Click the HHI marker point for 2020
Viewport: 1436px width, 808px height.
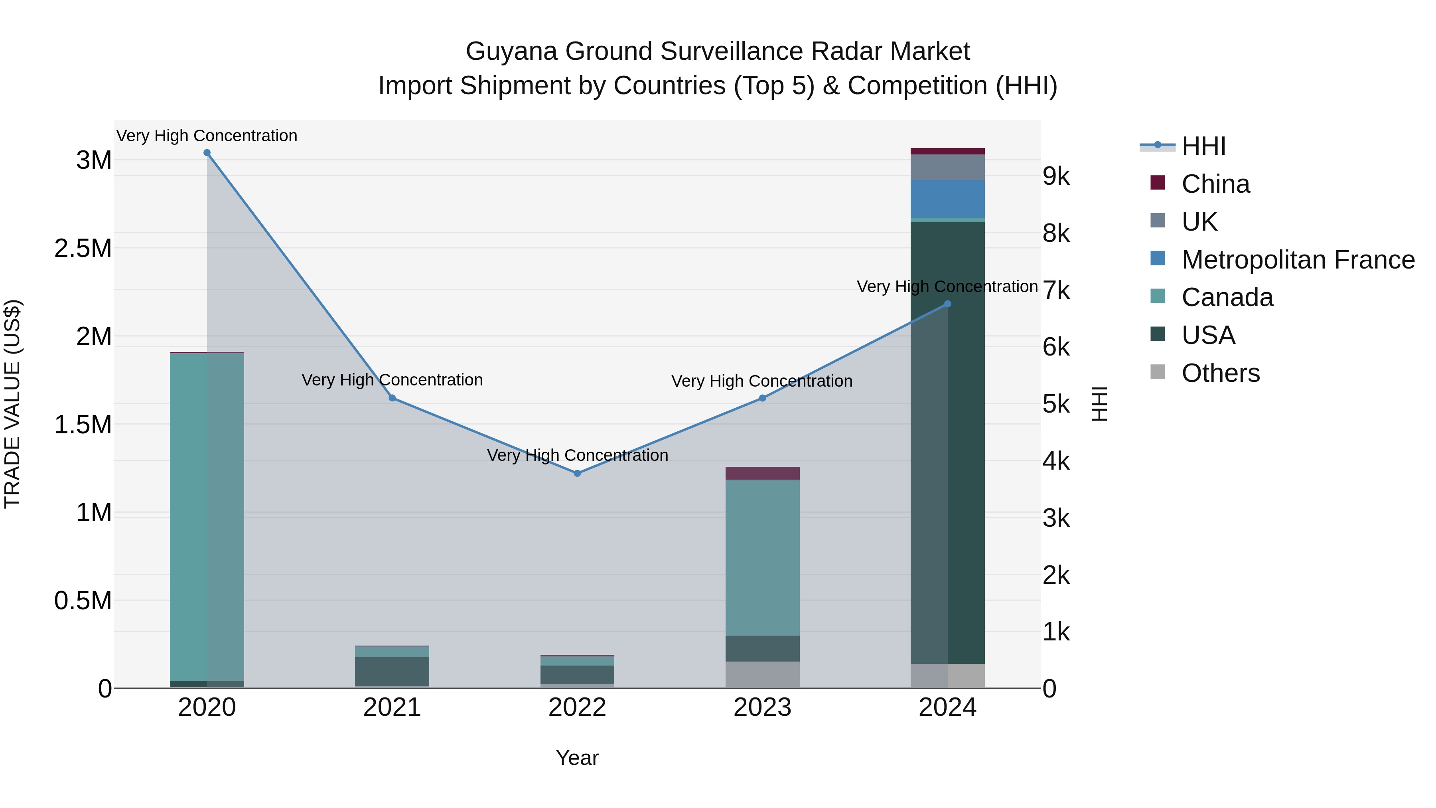[207, 153]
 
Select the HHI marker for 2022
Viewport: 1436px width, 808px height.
[577, 473]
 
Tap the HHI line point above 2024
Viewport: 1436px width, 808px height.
[947, 304]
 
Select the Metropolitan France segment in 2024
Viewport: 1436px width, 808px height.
[947, 199]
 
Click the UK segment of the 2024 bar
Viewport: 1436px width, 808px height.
[947, 167]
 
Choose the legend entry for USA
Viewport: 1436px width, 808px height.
[1208, 335]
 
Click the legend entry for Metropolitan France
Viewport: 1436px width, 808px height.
[1298, 260]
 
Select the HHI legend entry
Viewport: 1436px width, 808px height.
[1203, 146]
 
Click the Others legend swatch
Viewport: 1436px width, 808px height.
[1158, 373]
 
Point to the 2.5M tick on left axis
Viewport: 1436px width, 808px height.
[83, 249]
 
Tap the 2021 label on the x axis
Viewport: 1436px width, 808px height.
[392, 707]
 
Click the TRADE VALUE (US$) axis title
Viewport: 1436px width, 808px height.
[12, 404]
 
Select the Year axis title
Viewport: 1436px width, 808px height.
[577, 758]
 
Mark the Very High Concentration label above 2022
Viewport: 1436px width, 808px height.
[577, 456]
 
